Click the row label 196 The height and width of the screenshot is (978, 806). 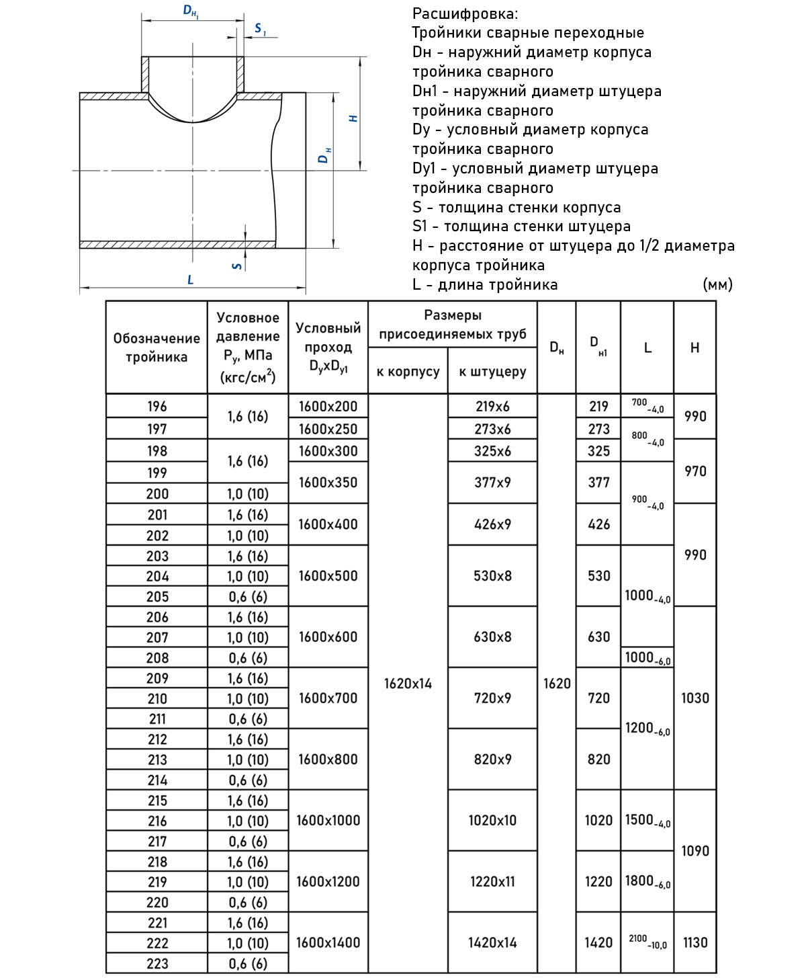[x=156, y=407]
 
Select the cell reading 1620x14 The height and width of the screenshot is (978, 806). [x=408, y=684]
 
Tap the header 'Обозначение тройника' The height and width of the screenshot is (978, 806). [x=156, y=348]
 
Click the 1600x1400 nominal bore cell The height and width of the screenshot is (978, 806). [x=328, y=942]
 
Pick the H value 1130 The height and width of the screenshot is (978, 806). [x=695, y=942]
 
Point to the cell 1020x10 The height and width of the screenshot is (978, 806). [x=492, y=820]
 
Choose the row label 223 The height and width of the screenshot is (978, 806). [x=156, y=963]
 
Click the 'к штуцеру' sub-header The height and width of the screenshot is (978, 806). [x=492, y=372]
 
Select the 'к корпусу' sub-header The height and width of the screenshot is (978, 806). [x=408, y=372]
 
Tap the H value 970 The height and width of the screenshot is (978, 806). [x=695, y=471]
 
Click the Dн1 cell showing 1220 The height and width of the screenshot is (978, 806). [x=598, y=881]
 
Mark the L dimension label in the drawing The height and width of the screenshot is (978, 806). [x=191, y=280]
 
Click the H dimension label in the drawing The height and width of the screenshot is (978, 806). [x=353, y=118]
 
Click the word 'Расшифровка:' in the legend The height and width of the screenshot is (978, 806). [x=465, y=13]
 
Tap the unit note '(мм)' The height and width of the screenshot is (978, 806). [x=717, y=284]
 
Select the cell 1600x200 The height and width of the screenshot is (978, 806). [x=328, y=407]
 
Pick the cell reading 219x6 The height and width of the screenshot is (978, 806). [x=492, y=407]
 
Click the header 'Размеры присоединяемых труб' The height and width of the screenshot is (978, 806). [x=453, y=325]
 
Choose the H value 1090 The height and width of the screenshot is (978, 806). [x=695, y=851]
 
